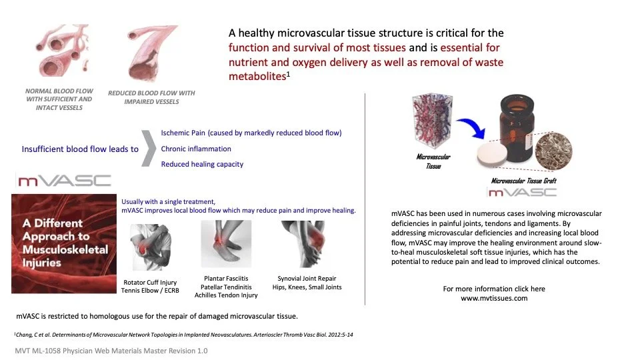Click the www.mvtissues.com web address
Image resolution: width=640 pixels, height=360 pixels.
pyautogui.click(x=494, y=298)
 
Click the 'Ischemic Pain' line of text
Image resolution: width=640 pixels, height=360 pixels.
pyautogui.click(x=251, y=133)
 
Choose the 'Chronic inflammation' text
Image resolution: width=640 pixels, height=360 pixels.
pyautogui.click(x=196, y=149)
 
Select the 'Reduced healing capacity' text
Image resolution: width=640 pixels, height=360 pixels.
pyautogui.click(x=202, y=164)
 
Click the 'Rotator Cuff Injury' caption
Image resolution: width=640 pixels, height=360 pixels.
pyautogui.click(x=150, y=283)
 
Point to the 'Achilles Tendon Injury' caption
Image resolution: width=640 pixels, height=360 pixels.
pyautogui.click(x=225, y=295)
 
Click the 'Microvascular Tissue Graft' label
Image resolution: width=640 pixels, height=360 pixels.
pyautogui.click(x=523, y=181)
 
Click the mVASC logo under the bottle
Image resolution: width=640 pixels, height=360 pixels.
pyautogui.click(x=522, y=192)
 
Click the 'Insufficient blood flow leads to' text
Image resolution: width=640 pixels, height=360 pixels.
pyautogui.click(x=80, y=149)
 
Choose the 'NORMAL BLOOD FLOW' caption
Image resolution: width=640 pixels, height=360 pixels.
pyautogui.click(x=59, y=91)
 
